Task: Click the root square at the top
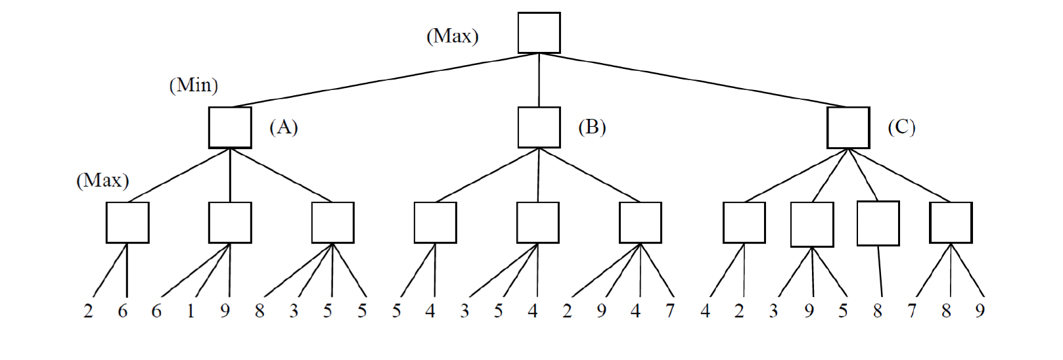point(539,33)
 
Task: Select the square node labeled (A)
point(230,127)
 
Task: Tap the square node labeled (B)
point(539,127)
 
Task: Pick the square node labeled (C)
point(848,127)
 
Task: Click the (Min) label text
point(193,85)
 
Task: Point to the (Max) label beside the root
point(452,36)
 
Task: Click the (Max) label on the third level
point(102,180)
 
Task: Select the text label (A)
point(284,127)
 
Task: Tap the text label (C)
point(901,127)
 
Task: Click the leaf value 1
point(191,311)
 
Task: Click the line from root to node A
point(384,80)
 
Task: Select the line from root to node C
point(693,80)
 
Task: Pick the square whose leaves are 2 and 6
point(127,223)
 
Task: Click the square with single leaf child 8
point(878,223)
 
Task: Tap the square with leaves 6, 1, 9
point(230,223)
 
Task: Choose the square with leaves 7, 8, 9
point(951,223)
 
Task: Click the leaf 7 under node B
point(669,311)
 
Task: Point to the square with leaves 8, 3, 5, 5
point(332,223)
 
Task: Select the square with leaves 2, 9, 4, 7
point(641,223)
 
